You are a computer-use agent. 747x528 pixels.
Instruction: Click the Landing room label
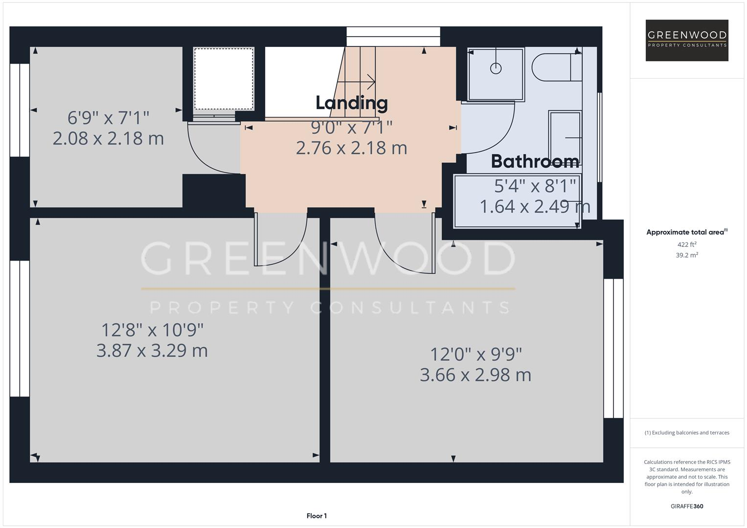tap(351, 103)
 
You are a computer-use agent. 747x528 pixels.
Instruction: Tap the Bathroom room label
tap(535, 161)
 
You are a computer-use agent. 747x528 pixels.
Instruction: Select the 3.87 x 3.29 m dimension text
tap(152, 351)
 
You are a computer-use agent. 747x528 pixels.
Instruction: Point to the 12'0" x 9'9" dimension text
tap(475, 353)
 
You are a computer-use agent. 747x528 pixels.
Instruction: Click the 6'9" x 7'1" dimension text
tap(108, 118)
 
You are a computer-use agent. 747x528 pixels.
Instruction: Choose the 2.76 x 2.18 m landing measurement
tap(351, 148)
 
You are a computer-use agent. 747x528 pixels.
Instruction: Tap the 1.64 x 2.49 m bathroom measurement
tap(535, 206)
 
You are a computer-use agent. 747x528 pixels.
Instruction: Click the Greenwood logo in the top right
tap(687, 40)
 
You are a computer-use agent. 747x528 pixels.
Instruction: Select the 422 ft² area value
tap(687, 244)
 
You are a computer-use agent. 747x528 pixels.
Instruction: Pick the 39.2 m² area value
tap(687, 255)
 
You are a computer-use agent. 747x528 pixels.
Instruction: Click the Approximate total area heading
tap(687, 232)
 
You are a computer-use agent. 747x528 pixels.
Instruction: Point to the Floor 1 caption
tap(317, 516)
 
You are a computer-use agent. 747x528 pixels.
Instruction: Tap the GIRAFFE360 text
tap(687, 506)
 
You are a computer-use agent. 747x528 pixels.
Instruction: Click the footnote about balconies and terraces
tap(687, 433)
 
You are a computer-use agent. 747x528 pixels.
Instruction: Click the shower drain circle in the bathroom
tap(496, 68)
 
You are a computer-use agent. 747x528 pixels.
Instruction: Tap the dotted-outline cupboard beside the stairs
tap(224, 79)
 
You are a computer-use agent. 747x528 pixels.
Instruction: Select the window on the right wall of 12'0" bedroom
tap(613, 348)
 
